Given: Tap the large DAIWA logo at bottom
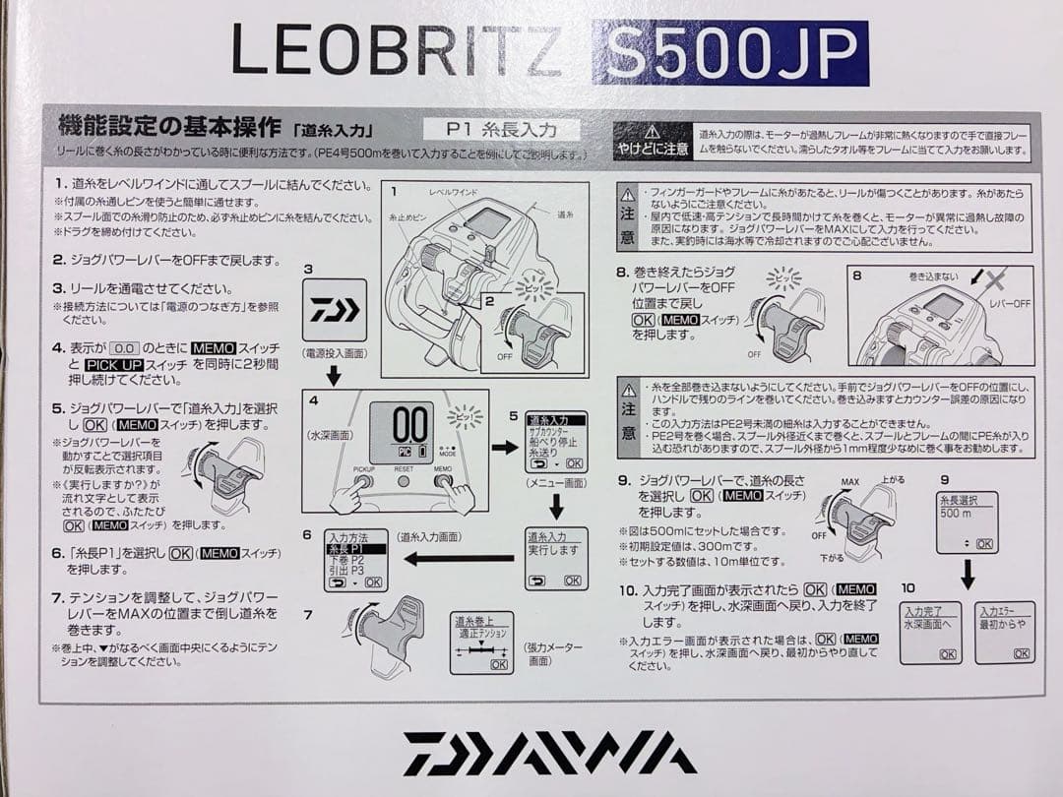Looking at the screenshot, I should [536, 754].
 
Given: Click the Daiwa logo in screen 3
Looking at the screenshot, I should [333, 311].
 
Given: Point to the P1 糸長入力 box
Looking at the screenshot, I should [501, 129].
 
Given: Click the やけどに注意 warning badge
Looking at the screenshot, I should [652, 140].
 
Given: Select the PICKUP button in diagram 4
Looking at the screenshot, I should [364, 482].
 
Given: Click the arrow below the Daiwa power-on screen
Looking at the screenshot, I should [333, 375].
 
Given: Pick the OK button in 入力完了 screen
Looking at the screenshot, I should [947, 653].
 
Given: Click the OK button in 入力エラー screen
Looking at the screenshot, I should [1022, 653].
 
